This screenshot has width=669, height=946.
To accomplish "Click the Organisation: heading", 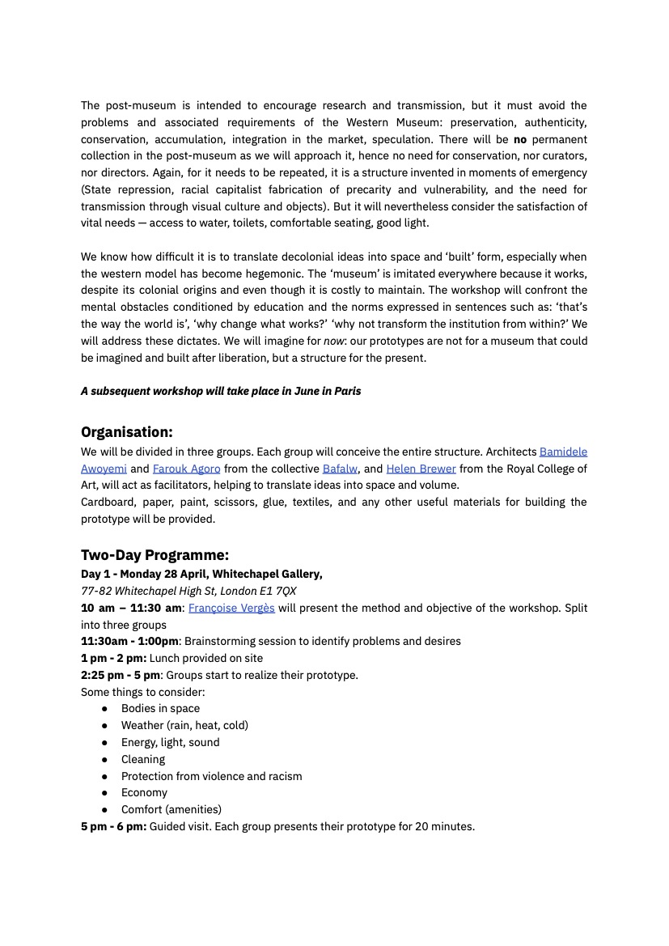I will click(126, 432).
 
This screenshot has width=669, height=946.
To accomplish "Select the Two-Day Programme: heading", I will click(155, 555).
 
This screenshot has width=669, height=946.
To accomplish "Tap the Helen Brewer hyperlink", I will click(421, 469).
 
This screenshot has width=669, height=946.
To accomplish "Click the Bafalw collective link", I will click(340, 469).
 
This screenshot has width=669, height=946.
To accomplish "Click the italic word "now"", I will click(334, 341).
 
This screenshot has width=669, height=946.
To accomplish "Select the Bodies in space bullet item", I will click(160, 708).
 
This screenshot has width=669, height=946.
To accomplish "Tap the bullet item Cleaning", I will click(143, 759).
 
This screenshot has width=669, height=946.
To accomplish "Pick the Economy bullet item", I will click(144, 792).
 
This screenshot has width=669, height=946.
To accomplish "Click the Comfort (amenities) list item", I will click(171, 809).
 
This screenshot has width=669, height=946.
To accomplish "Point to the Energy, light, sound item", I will click(170, 742).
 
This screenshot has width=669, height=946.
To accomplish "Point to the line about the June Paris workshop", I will click(221, 391).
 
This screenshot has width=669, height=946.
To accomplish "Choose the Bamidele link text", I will click(563, 452).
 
